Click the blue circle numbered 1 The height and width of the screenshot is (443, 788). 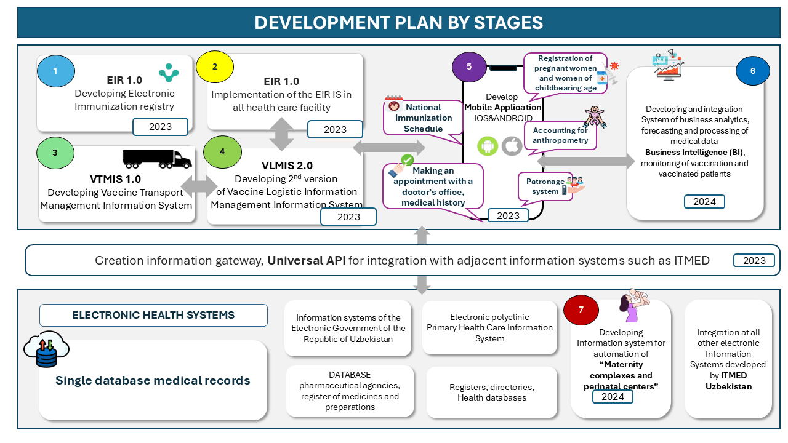(x=55, y=71)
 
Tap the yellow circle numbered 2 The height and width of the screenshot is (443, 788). (x=214, y=68)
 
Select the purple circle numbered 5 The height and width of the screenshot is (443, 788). (x=469, y=67)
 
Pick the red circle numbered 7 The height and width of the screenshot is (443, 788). (x=581, y=309)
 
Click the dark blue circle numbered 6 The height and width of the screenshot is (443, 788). (x=752, y=71)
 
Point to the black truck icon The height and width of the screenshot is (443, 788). (x=157, y=158)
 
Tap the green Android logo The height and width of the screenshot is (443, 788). (x=488, y=146)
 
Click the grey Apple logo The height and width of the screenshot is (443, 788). (x=512, y=146)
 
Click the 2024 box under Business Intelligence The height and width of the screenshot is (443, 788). (x=704, y=201)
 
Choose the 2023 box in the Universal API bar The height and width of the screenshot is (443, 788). (x=754, y=260)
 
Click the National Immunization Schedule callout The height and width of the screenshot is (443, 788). (x=423, y=118)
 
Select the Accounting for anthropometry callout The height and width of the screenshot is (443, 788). (x=560, y=135)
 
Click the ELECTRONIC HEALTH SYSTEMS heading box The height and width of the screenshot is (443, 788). (x=153, y=315)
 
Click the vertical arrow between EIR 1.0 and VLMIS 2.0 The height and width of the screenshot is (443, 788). (x=282, y=134)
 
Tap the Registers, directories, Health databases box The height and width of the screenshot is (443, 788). (x=491, y=393)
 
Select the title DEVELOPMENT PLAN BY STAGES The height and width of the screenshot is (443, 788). (x=398, y=23)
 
